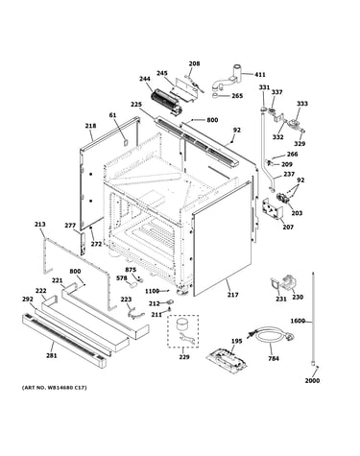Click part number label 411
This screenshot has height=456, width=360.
pyautogui.click(x=260, y=75)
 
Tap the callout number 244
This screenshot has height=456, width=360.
pyautogui.click(x=145, y=79)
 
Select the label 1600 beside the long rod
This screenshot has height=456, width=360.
pyautogui.click(x=298, y=321)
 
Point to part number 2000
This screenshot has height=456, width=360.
pyautogui.click(x=312, y=380)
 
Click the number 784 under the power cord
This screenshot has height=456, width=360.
pyautogui.click(x=274, y=359)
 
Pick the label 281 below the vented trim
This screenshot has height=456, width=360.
pyautogui.click(x=52, y=355)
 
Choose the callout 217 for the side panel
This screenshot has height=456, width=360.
pyautogui.click(x=232, y=295)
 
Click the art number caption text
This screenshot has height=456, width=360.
pyautogui.click(x=54, y=388)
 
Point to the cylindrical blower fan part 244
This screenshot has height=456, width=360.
pyautogui.click(x=166, y=101)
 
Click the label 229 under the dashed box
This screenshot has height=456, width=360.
pyautogui.click(x=184, y=357)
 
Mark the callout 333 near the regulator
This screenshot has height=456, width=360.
pyautogui.click(x=302, y=104)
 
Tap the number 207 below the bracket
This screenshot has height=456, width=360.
pyautogui.click(x=288, y=228)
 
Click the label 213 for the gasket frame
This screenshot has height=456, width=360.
pyautogui.click(x=40, y=225)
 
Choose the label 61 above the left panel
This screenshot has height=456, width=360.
pyautogui.click(x=113, y=115)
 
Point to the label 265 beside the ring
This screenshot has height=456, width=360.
pyautogui.click(x=237, y=96)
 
